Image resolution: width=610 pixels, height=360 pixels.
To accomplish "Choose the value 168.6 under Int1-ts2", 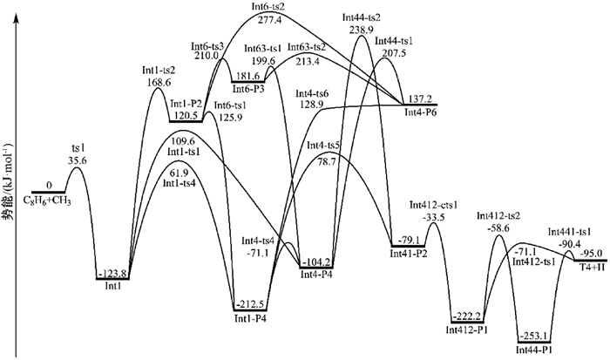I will click(x=159, y=84).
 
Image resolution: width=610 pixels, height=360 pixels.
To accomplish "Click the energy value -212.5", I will click(x=251, y=303).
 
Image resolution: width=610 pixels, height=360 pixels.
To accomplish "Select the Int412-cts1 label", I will click(x=432, y=206).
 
